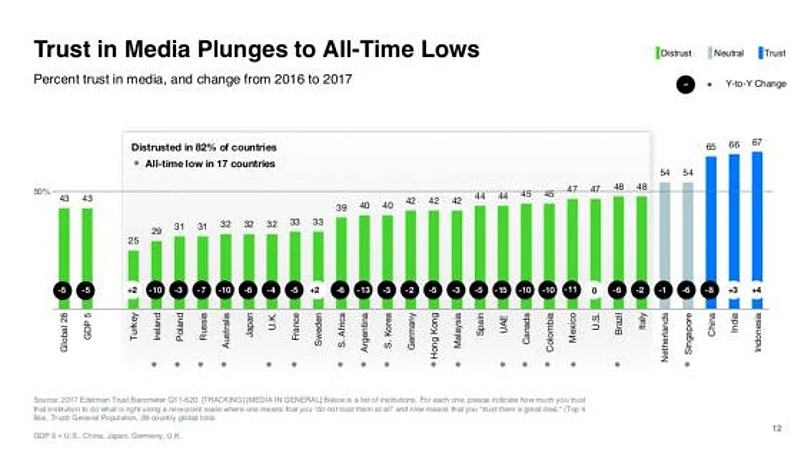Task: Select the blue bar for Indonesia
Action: tap(757, 220)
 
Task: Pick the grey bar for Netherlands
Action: tap(665, 235)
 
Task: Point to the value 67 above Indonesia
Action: tap(757, 142)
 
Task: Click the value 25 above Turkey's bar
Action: tap(134, 241)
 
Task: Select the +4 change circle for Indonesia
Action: tap(757, 290)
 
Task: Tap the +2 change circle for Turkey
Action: tap(134, 290)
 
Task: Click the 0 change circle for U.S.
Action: tap(596, 290)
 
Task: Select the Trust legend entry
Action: tap(773, 53)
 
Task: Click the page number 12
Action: tap(776, 427)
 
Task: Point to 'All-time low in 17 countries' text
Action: tap(209, 163)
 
